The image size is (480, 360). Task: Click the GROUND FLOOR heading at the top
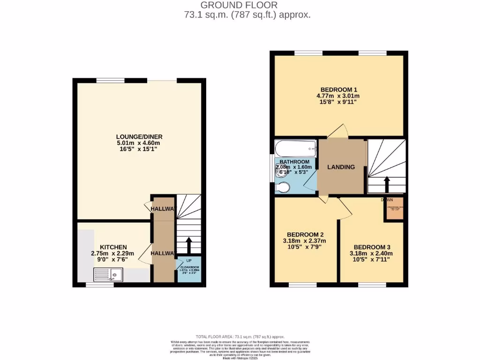pyautogui.click(x=239, y=5)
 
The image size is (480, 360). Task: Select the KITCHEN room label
pyautogui.click(x=113, y=247)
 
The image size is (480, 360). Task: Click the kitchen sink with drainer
pyautogui.click(x=108, y=274)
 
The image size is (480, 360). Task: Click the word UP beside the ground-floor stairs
pyautogui.click(x=189, y=260)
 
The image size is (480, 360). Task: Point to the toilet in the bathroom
pyautogui.click(x=283, y=188)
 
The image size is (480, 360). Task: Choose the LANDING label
pyautogui.click(x=341, y=167)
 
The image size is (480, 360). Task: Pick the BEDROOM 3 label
pyautogui.click(x=372, y=247)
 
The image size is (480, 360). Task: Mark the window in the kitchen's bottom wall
pyautogui.click(x=99, y=285)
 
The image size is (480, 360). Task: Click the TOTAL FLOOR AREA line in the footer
pyautogui.click(x=240, y=337)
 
